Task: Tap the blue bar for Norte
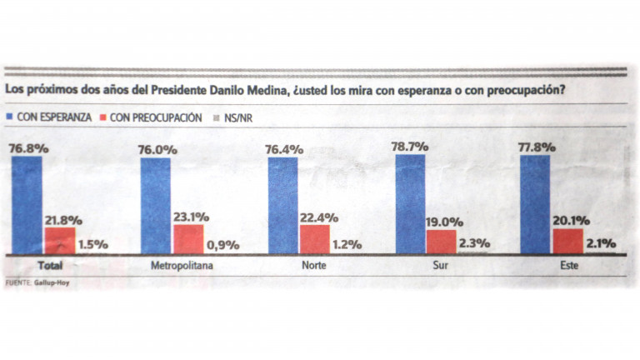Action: tap(282, 205)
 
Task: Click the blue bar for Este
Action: tap(534, 205)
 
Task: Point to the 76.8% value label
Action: tap(27, 148)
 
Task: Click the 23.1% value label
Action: tap(191, 216)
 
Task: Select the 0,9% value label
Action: tap(222, 245)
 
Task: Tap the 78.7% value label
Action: tap(410, 146)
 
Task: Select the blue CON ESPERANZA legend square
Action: tap(10, 117)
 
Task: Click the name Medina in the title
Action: tap(262, 88)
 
